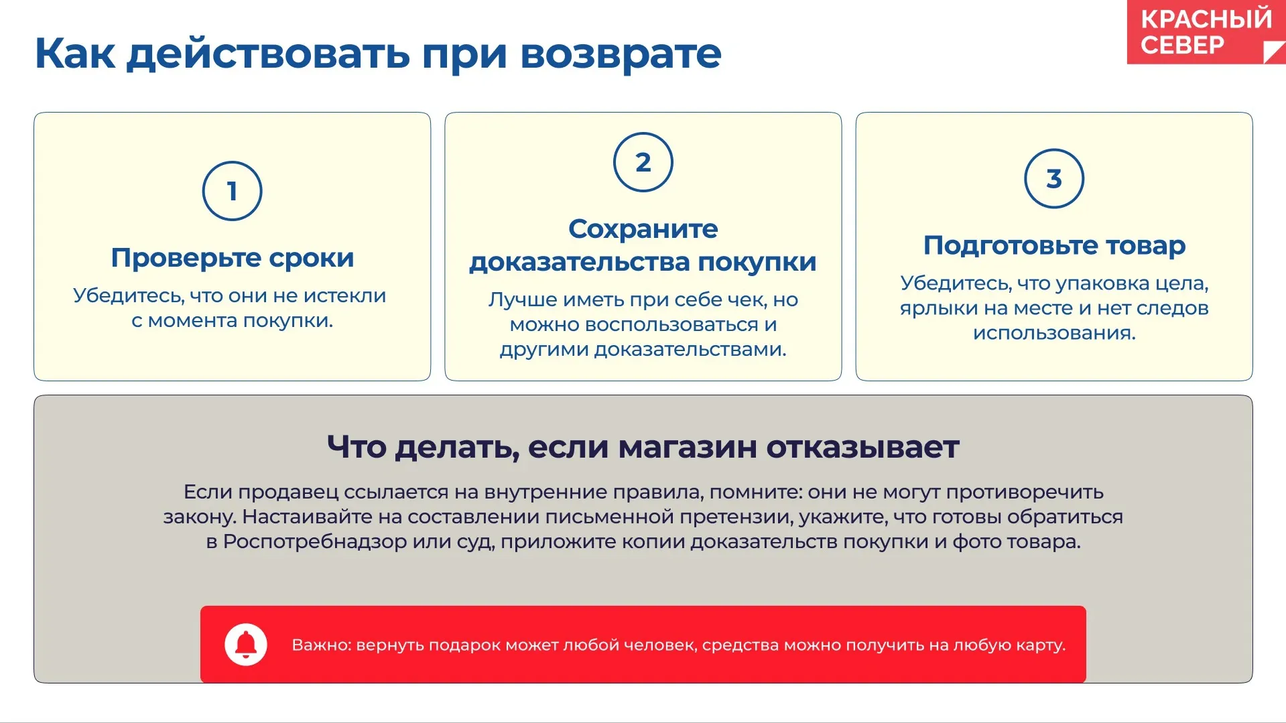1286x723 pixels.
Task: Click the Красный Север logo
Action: tap(1206, 32)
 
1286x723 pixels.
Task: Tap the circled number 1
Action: tap(232, 191)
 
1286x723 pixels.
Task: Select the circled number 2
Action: tap(643, 162)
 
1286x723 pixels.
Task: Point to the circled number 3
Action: tap(1054, 178)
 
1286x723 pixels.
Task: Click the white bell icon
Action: tap(246, 645)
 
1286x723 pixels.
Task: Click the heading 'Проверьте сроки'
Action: tap(233, 258)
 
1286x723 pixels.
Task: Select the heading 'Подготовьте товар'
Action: tap(1054, 246)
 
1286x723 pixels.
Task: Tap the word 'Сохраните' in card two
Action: tap(643, 229)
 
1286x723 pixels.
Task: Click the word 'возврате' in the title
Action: tap(621, 54)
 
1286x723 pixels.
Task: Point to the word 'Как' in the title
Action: tap(74, 54)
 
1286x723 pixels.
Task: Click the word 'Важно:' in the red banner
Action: tap(321, 645)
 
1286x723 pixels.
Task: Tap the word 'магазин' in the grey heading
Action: tap(688, 448)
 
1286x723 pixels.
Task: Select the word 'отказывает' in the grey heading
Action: tap(863, 447)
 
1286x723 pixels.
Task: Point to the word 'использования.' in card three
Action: tap(1054, 333)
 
